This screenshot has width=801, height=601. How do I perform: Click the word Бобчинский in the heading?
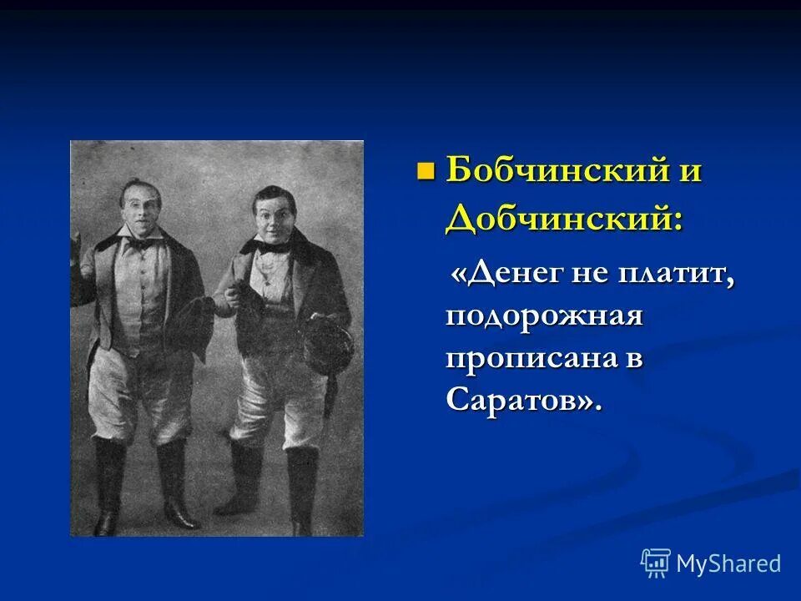(550, 171)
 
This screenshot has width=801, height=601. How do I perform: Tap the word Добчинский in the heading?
(563, 218)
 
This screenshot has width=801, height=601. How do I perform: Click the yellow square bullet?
(426, 172)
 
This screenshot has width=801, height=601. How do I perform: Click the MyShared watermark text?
(728, 563)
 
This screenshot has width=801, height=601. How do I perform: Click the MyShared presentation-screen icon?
(656, 563)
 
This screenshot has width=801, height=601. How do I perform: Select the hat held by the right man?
(326, 344)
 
